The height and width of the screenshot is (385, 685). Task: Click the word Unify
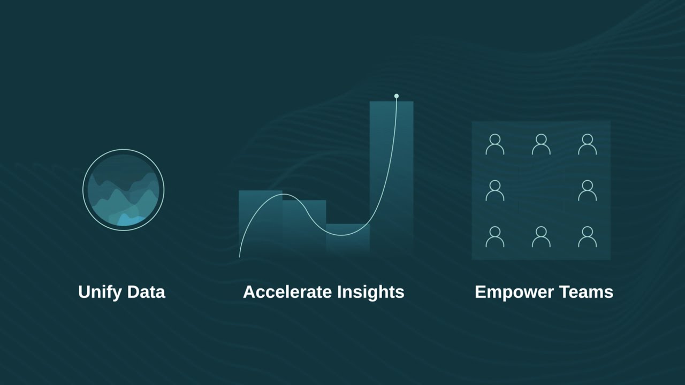click(x=100, y=292)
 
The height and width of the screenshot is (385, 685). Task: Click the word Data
click(x=146, y=292)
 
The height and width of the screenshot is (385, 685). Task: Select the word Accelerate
click(x=287, y=292)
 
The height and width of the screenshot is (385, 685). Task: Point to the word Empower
click(x=514, y=292)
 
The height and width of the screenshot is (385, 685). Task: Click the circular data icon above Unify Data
click(x=124, y=190)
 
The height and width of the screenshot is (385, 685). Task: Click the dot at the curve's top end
click(x=397, y=96)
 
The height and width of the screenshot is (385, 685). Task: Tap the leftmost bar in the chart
click(x=261, y=222)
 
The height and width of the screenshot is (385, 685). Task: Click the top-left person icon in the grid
click(x=495, y=144)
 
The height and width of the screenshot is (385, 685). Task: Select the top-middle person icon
click(x=541, y=144)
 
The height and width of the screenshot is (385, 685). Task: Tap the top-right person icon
click(x=588, y=144)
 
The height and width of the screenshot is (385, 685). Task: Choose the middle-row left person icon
click(x=495, y=190)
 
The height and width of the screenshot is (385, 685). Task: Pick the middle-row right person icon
click(x=588, y=190)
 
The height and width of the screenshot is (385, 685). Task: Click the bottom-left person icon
click(x=495, y=236)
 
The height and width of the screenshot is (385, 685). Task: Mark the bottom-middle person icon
click(x=541, y=236)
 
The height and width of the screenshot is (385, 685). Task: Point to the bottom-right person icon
click(x=588, y=236)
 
